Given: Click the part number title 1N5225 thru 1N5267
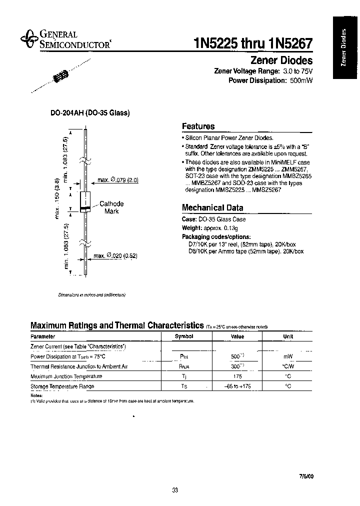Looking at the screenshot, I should [x=253, y=43].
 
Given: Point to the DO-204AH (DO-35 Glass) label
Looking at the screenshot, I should [x=90, y=113].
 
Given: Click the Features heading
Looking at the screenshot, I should [x=198, y=126].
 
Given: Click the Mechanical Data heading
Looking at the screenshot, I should [x=212, y=207].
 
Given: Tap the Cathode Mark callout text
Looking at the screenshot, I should [x=111, y=207].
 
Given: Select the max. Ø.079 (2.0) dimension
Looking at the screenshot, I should [x=118, y=180].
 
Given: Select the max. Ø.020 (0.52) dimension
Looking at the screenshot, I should [x=115, y=255].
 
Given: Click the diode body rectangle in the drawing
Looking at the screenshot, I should [x=85, y=201].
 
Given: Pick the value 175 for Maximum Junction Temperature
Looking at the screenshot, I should [x=237, y=376].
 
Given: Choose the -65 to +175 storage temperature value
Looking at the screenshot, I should [x=237, y=386].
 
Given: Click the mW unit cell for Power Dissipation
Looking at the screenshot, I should [x=288, y=356].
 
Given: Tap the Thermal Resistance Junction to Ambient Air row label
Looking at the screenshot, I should [x=79, y=366].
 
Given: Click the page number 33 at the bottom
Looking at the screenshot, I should [x=174, y=490].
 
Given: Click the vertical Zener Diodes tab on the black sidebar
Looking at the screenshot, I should [x=343, y=48].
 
